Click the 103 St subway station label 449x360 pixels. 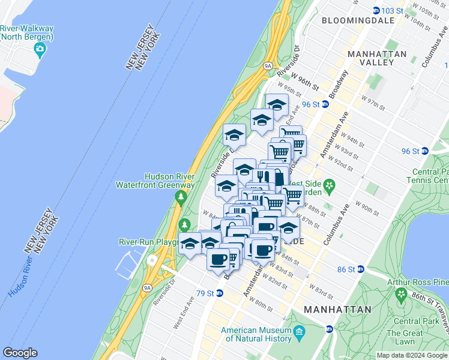[x=390, y=11]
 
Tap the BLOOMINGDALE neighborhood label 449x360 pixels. [x=358, y=20]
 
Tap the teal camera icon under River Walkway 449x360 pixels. [x=40, y=52]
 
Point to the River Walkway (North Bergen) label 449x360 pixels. [x=27, y=32]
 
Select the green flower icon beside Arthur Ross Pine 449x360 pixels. [x=401, y=294]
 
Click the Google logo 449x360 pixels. [x=20, y=353]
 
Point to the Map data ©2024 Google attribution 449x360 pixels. [x=412, y=355]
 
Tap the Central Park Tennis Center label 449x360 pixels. [x=429, y=176]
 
